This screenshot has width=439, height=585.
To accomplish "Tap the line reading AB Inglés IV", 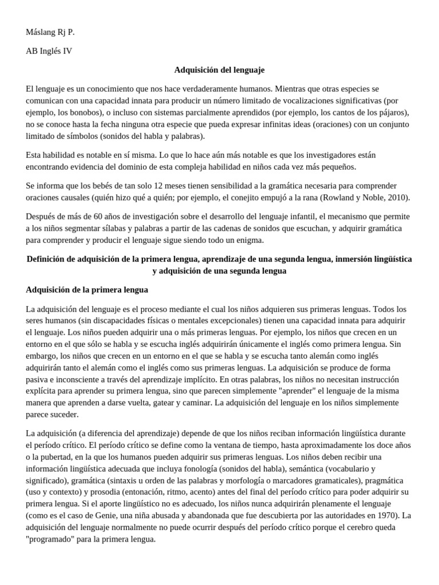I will tap(49, 51).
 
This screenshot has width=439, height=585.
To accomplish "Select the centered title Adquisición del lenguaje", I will tap(219, 70).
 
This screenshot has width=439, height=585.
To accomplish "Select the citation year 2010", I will tap(398, 198).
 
